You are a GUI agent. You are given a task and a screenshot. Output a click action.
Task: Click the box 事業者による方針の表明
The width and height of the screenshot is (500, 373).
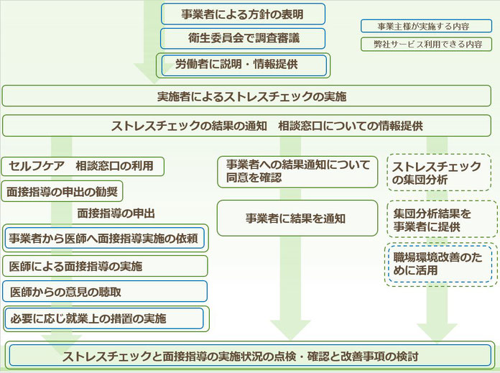[x=243, y=14]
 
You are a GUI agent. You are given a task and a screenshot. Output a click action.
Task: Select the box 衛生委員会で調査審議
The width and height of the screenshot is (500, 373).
[x=243, y=38]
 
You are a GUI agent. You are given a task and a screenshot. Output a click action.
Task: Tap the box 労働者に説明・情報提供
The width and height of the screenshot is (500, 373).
[x=243, y=65]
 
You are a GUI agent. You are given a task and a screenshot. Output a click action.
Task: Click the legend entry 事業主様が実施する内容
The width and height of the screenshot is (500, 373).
[x=426, y=26]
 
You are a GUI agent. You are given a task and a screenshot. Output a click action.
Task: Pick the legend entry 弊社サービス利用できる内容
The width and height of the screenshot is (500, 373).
[x=426, y=44]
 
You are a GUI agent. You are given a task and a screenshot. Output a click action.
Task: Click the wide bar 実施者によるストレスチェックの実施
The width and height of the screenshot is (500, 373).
[x=246, y=96]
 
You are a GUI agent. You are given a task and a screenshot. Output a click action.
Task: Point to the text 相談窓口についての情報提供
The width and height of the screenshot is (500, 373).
[x=351, y=126]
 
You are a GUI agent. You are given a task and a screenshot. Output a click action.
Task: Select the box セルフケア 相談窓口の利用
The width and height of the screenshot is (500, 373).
[x=83, y=166]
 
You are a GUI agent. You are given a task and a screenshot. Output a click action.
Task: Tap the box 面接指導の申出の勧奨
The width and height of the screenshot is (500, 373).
[x=62, y=191]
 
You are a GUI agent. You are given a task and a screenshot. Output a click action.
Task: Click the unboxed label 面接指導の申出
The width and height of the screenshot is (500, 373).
[x=116, y=213]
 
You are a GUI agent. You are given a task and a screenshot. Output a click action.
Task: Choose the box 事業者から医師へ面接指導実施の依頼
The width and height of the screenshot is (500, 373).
[x=105, y=238]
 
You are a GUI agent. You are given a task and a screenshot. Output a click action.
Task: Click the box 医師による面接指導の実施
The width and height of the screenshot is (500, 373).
[x=105, y=266]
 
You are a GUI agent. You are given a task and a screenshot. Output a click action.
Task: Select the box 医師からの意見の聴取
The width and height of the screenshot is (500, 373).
[x=105, y=291]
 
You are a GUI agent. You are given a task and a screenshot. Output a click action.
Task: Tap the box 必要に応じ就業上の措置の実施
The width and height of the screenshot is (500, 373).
[x=106, y=318]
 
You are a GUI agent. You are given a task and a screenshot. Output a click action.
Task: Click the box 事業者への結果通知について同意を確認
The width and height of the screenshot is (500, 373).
[x=297, y=172]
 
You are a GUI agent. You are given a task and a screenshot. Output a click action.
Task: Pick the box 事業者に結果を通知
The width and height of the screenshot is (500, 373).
[x=297, y=218]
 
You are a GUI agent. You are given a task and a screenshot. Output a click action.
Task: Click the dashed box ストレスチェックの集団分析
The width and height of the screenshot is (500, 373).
[x=439, y=172]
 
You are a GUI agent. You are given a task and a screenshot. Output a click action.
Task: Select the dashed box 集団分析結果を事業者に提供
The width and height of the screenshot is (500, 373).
[x=442, y=219]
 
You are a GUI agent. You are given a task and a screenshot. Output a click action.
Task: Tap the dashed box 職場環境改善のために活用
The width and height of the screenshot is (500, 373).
[x=441, y=264]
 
